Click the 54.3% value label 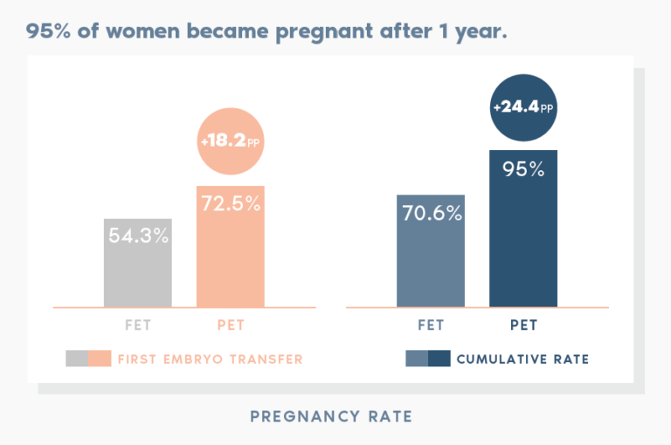138,236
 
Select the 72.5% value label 231,204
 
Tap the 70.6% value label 431,212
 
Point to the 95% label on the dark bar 523,169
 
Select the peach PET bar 231,262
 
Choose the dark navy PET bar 523,244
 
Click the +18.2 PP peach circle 231,140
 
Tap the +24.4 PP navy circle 523,107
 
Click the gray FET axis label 138,325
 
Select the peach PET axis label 231,325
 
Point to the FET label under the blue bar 431,325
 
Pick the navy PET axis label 523,325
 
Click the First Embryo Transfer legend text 210,359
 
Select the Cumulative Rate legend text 522,359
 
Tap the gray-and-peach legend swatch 88,359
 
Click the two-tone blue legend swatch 428,359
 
